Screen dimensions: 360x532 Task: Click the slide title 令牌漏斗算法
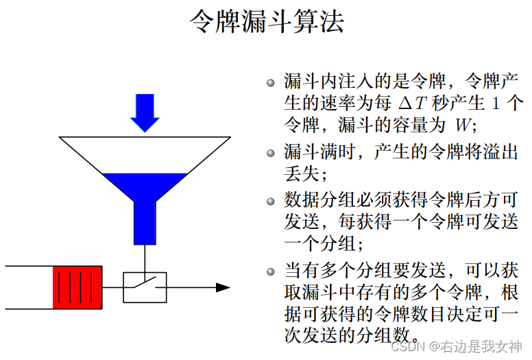[266, 22]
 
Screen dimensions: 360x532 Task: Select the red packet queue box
[77, 287]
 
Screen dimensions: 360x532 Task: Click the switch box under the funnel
[145, 287]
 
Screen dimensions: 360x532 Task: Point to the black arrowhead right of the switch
[223, 287]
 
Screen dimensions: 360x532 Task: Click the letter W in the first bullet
[459, 126]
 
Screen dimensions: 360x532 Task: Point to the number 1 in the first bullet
[496, 104]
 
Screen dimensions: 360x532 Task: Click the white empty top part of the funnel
[144, 154]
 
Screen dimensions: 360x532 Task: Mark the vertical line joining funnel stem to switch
[145, 258]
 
